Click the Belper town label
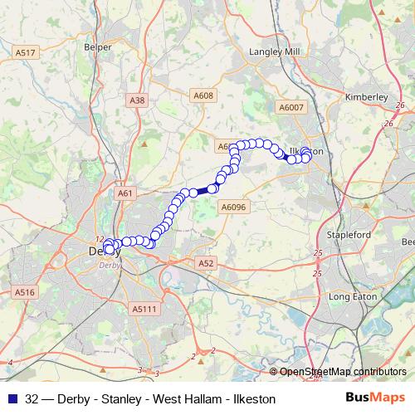[98, 47]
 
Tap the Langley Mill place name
[275, 51]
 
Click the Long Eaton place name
[353, 296]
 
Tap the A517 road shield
[26, 53]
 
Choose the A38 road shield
[138, 100]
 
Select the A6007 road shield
[291, 108]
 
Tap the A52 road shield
[207, 263]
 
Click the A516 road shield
[25, 292]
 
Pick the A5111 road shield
[144, 308]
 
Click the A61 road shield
[125, 193]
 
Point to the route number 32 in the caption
[32, 398]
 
